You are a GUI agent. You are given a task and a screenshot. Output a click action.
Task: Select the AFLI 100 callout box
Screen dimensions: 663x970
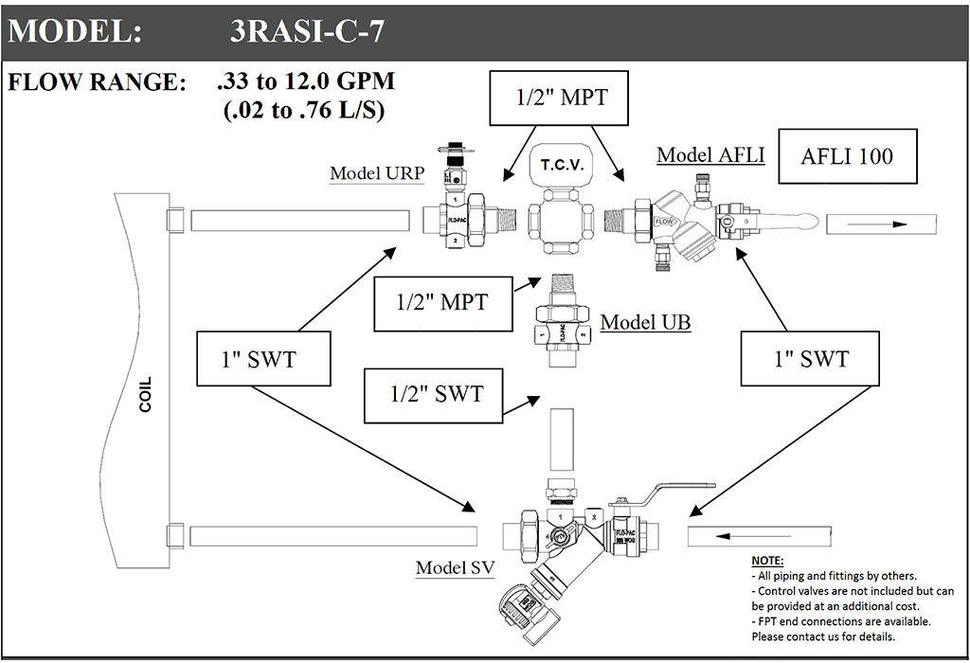847,156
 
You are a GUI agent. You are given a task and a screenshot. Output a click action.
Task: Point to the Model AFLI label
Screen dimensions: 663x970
710,154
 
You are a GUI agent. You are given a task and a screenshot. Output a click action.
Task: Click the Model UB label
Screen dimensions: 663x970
645,322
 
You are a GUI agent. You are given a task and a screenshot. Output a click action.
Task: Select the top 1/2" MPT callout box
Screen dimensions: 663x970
560,98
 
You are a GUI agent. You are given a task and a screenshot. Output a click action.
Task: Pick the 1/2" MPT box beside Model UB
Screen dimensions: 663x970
442,303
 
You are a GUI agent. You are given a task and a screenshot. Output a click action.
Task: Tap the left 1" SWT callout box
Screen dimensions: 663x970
264,359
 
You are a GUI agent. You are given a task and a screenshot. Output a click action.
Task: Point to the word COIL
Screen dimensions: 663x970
145,395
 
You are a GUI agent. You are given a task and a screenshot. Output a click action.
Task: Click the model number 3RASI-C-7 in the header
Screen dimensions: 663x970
307,31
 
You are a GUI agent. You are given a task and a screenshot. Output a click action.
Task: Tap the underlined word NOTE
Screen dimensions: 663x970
767,561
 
